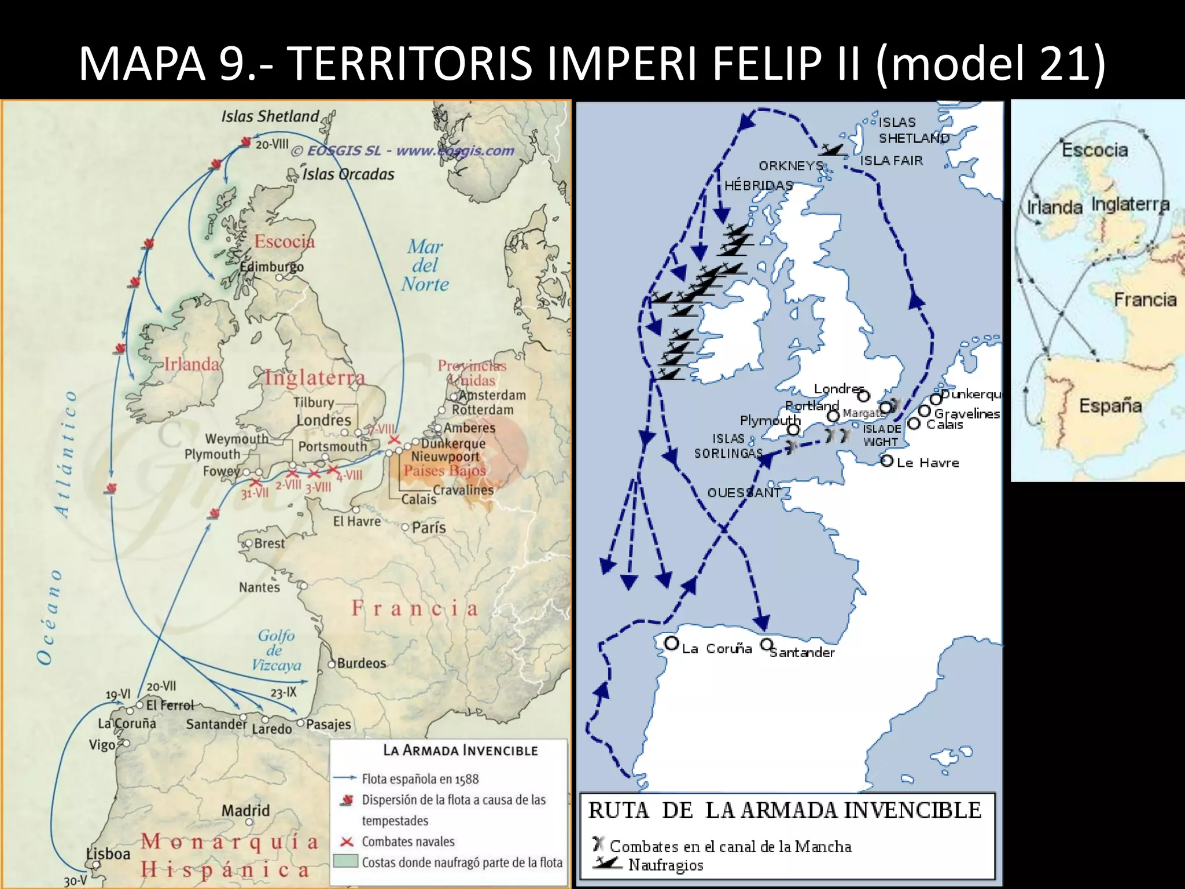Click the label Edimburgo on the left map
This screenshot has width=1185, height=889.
[x=271, y=267]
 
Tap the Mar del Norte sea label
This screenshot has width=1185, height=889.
[x=425, y=266]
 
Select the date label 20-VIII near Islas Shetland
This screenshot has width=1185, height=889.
[x=272, y=144]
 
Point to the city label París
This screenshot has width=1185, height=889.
[x=429, y=527]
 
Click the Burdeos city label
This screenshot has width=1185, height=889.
[x=361, y=663]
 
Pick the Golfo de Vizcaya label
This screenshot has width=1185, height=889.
[x=277, y=651]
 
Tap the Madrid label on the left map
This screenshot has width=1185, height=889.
[x=245, y=810]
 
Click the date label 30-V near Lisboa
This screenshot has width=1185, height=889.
[x=75, y=881]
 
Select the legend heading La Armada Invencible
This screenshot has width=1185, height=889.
[x=461, y=751]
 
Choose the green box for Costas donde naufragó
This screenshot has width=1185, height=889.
[x=346, y=861]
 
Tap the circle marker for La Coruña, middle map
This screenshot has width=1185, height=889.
[x=671, y=644]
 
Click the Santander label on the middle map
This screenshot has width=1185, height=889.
[x=803, y=652]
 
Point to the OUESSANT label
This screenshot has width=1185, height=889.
[x=744, y=493]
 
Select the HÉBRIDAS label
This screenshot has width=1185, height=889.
[x=759, y=186]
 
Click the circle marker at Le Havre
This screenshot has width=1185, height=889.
[x=886, y=461]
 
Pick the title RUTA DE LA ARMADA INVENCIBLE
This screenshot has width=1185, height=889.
[x=785, y=810]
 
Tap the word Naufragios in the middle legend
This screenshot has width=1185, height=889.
[x=666, y=865]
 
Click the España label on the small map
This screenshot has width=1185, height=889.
[x=1110, y=405]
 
